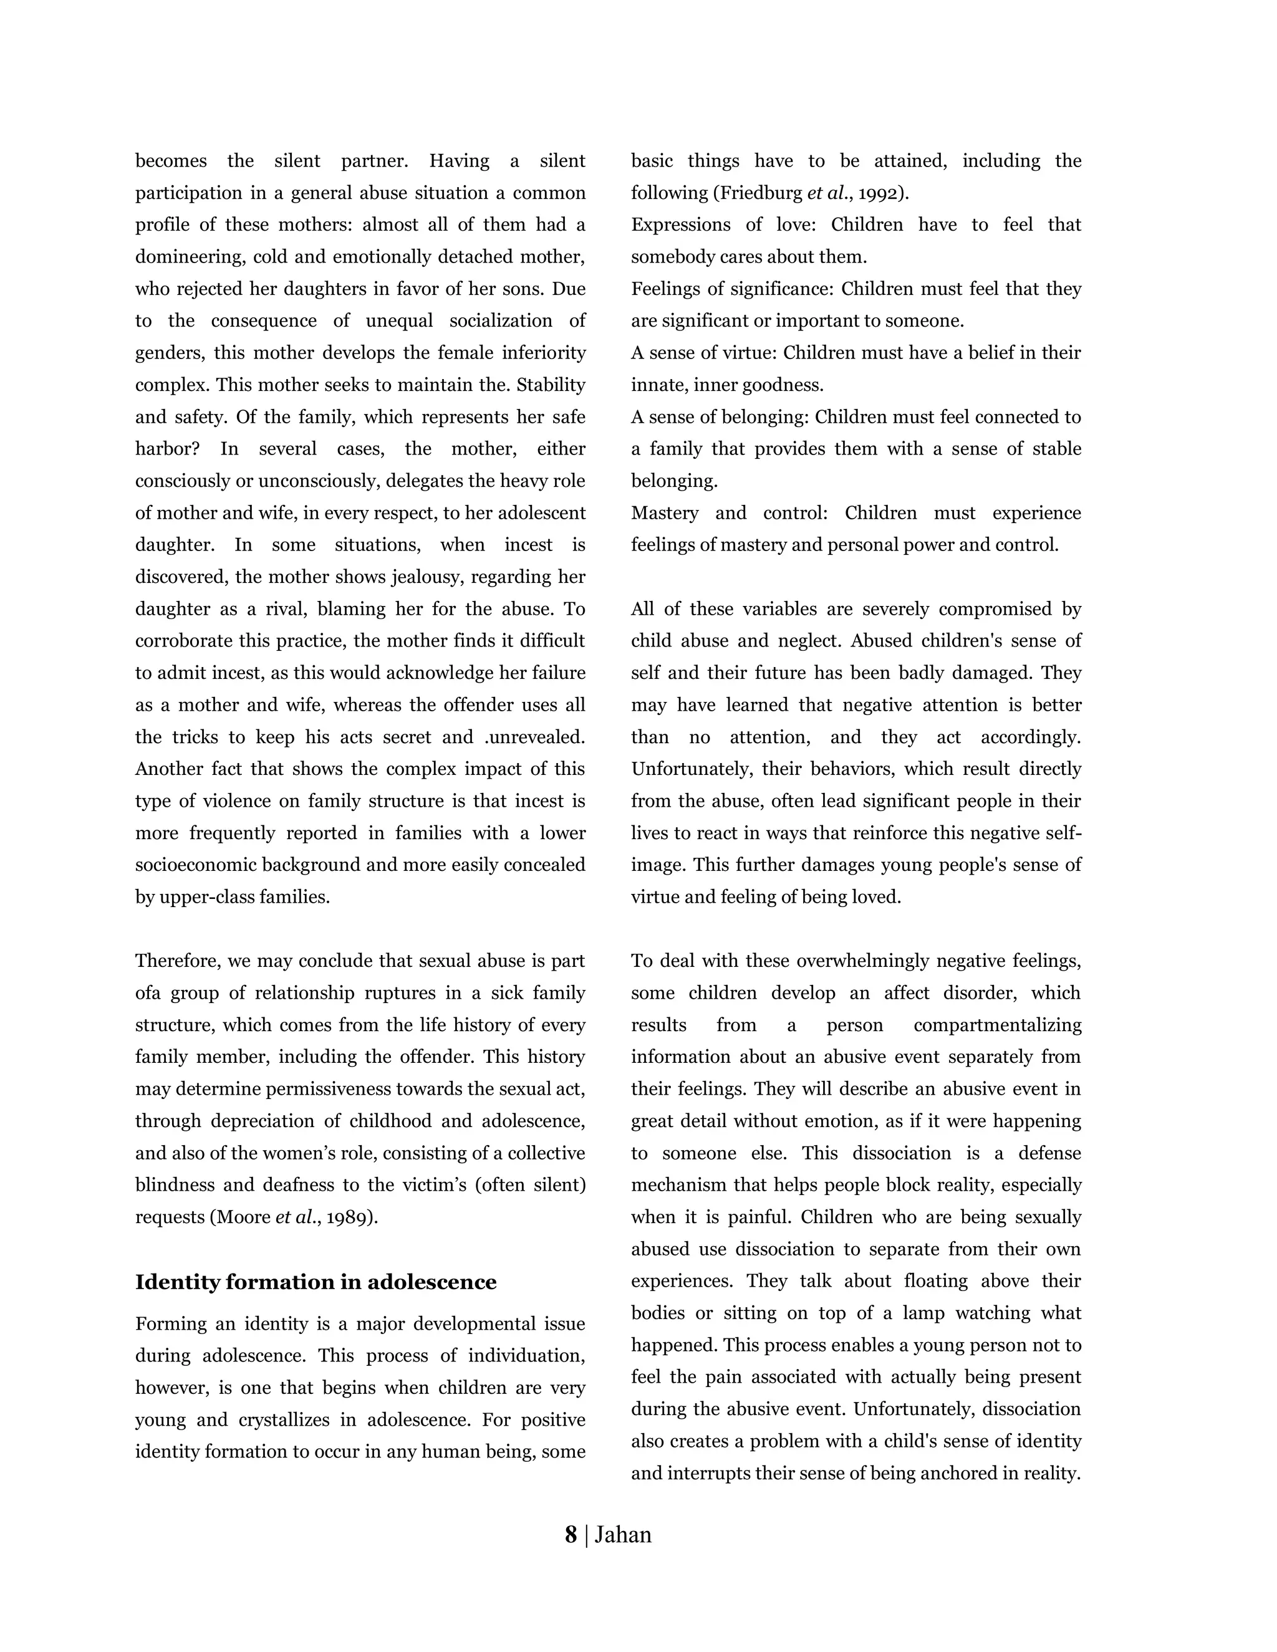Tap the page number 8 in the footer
(x=571, y=1535)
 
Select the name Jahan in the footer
(x=623, y=1535)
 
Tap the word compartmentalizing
(x=996, y=1025)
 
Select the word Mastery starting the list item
(x=663, y=513)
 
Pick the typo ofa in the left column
(x=148, y=993)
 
